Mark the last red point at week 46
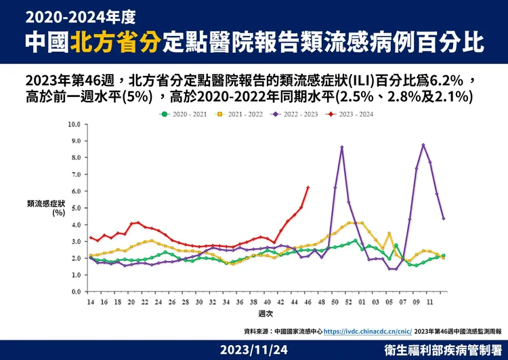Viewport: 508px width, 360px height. pos(308,188)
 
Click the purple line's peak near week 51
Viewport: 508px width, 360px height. pos(342,147)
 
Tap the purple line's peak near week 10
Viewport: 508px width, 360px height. pos(423,144)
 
